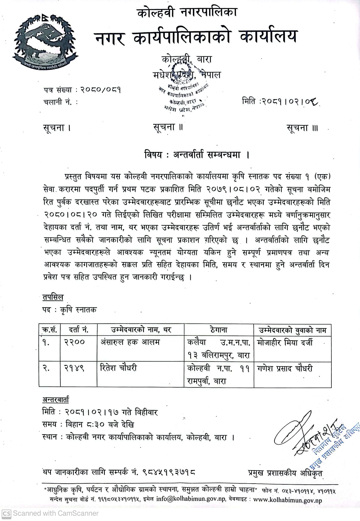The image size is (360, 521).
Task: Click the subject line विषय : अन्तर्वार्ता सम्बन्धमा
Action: [x=196, y=155]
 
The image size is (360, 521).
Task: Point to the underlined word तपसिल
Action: [x=53, y=297]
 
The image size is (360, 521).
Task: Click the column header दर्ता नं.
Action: [x=79, y=330]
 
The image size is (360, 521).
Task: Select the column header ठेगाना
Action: [x=219, y=330]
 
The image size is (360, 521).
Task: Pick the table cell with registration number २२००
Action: [x=74, y=342]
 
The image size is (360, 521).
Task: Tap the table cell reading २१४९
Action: [x=74, y=368]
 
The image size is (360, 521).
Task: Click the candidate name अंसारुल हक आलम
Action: [x=130, y=342]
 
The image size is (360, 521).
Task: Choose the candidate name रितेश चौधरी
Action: [x=119, y=368]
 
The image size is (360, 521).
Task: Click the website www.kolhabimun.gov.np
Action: [x=287, y=500]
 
